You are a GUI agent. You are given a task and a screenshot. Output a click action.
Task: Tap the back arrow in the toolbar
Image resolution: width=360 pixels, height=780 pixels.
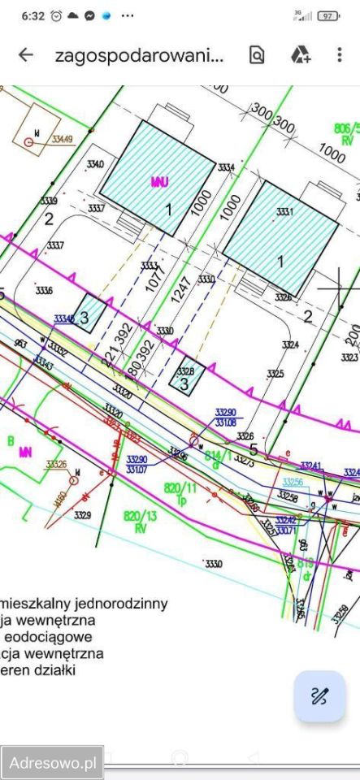(26, 55)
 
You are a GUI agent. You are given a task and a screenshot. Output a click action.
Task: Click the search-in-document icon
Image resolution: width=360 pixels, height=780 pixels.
(257, 55)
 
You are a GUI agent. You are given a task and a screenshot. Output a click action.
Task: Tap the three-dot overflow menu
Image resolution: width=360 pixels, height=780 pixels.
(340, 55)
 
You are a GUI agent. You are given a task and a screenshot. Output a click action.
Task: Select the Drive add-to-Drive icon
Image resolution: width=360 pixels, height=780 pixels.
(300, 55)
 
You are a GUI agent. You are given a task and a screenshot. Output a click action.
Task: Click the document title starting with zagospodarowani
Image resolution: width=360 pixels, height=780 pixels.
(138, 56)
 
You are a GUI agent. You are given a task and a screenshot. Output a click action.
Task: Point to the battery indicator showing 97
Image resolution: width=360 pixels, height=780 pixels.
(327, 15)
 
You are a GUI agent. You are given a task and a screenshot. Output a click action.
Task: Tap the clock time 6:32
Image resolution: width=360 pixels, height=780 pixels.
(33, 15)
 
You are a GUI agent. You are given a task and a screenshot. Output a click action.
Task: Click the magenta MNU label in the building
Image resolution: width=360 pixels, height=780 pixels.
(159, 182)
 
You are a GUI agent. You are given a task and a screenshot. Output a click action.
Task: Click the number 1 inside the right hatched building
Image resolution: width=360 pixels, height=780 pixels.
(281, 262)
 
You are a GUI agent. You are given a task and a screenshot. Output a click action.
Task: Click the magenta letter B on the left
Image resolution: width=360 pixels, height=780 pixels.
(11, 441)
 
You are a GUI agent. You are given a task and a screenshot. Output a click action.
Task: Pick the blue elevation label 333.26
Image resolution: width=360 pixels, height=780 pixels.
(56, 465)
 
